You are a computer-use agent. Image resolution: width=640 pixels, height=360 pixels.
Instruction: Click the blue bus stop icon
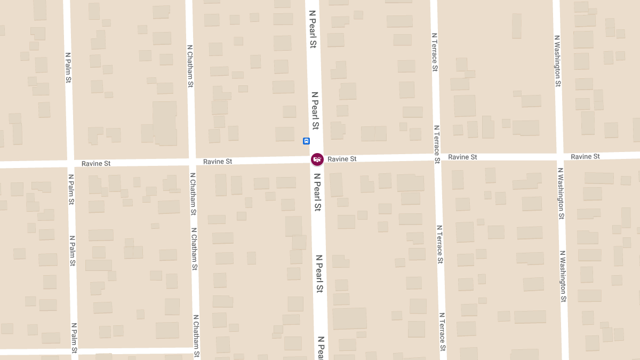point(306,141)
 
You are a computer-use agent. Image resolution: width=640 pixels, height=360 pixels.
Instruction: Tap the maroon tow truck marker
point(317,159)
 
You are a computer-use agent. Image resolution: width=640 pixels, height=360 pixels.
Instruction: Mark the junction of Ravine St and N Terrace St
point(437,158)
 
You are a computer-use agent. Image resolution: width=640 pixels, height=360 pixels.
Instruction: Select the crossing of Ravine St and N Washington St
point(558,156)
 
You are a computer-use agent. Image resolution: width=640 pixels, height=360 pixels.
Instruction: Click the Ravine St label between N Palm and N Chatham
point(96,163)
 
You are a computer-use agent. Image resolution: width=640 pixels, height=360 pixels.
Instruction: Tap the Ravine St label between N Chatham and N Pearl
point(218,161)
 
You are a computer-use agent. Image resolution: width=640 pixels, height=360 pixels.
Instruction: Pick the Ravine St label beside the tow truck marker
point(342,159)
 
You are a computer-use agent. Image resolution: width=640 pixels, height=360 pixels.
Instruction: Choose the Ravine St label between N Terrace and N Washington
point(462,157)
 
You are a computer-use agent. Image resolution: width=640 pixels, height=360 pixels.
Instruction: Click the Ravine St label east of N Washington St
point(585,156)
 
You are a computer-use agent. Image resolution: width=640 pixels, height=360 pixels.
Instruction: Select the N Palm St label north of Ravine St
point(68,67)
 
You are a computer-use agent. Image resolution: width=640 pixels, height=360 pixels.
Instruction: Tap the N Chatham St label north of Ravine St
point(190,66)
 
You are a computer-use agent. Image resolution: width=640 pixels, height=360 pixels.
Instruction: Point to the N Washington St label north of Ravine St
point(557,61)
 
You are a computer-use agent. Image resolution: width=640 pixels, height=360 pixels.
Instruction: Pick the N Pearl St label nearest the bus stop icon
point(315,110)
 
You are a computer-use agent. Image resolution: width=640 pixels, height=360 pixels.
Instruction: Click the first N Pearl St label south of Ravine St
point(317,191)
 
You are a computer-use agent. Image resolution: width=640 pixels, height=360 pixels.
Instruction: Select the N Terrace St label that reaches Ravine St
point(437,144)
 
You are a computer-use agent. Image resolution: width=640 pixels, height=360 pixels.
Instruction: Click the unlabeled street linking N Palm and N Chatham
point(133,351)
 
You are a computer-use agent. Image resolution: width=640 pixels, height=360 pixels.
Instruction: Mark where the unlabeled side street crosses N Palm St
point(75,352)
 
